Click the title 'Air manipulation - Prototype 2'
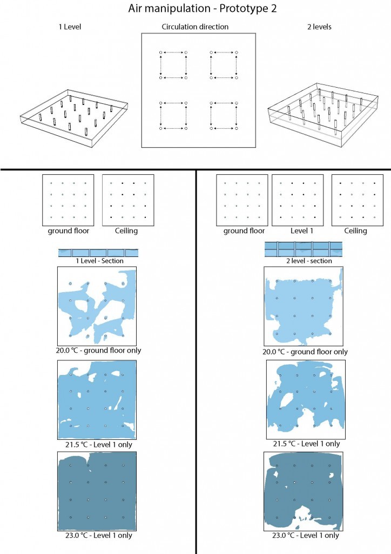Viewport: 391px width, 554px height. click(x=203, y=9)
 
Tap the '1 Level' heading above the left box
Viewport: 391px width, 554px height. click(x=70, y=27)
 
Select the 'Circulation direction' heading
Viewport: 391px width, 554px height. click(x=195, y=27)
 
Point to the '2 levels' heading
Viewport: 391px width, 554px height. click(x=319, y=27)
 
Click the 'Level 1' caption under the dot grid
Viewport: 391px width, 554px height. click(x=301, y=230)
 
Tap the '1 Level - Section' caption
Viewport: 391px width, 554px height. click(x=99, y=261)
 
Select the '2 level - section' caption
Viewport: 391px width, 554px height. click(x=309, y=261)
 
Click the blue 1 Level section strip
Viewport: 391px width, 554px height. click(x=98, y=253)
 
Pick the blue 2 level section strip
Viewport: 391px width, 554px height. click(x=303, y=249)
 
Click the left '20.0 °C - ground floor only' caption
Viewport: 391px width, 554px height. click(x=98, y=351)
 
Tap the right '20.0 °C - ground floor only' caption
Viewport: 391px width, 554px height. click(x=305, y=352)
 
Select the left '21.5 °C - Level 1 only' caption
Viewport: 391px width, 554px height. click(x=98, y=445)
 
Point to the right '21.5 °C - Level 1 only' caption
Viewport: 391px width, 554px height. click(x=306, y=444)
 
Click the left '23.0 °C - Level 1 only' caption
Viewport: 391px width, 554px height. click(x=98, y=535)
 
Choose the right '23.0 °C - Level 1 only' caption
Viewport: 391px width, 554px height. click(x=305, y=535)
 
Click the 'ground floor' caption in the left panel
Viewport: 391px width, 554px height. click(x=69, y=231)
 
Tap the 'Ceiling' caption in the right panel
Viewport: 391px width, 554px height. click(x=355, y=231)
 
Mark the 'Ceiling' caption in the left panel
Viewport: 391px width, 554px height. click(x=126, y=231)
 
